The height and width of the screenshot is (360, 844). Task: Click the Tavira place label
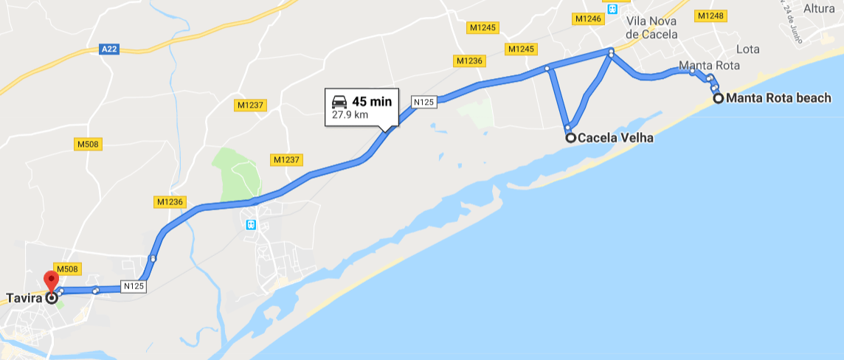click(23, 299)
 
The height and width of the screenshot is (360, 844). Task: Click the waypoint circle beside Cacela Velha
click(570, 137)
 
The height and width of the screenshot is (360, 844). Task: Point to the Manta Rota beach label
click(778, 98)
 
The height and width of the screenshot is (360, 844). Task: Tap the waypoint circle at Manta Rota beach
click(718, 98)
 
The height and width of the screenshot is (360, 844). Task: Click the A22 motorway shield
click(108, 49)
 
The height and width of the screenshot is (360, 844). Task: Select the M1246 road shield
click(588, 18)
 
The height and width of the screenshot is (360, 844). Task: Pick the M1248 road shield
click(710, 15)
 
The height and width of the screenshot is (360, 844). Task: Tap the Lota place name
click(747, 49)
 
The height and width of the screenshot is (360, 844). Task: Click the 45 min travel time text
click(371, 102)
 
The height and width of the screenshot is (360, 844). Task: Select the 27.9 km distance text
click(350, 115)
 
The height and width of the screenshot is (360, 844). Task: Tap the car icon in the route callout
click(339, 102)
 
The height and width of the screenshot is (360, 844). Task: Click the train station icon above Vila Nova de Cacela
click(612, 8)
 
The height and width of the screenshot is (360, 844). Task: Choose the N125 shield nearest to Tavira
click(134, 286)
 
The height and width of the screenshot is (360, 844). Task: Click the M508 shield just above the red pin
click(67, 269)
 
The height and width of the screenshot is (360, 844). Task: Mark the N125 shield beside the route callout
click(423, 103)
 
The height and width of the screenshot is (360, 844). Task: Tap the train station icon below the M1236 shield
click(251, 224)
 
